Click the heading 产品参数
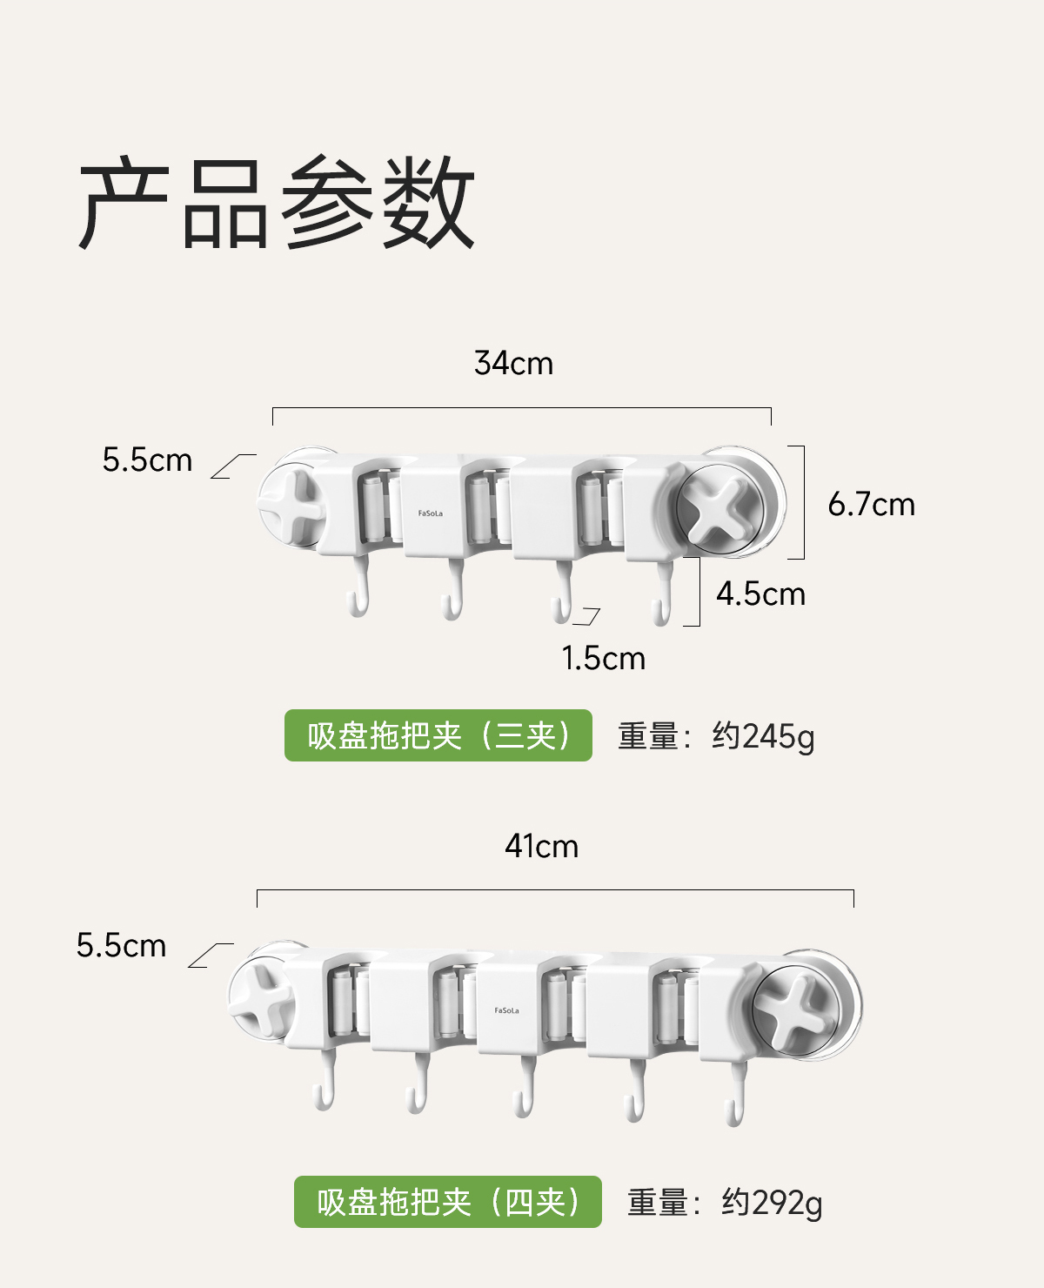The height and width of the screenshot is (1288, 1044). tap(277, 204)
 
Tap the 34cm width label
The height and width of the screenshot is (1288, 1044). tap(513, 363)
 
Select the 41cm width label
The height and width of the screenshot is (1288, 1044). tap(541, 846)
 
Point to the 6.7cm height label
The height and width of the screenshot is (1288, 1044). tap(871, 505)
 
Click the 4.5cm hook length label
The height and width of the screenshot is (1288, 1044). tap(760, 594)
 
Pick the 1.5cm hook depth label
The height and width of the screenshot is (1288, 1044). tap(603, 659)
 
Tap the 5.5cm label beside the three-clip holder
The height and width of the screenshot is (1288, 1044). tap(147, 460)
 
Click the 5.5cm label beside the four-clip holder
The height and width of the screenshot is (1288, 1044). tap(121, 946)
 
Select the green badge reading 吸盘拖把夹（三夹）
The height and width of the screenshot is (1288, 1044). tap(438, 736)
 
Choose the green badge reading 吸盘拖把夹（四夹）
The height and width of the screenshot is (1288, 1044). tap(448, 1203)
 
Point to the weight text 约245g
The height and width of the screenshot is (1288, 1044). tap(763, 737)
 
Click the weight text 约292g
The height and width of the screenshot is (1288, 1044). tap(771, 1204)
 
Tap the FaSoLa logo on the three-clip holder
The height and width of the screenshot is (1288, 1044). tap(430, 513)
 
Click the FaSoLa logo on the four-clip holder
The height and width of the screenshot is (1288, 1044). tap(506, 1010)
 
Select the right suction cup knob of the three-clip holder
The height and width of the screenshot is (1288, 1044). tap(720, 510)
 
